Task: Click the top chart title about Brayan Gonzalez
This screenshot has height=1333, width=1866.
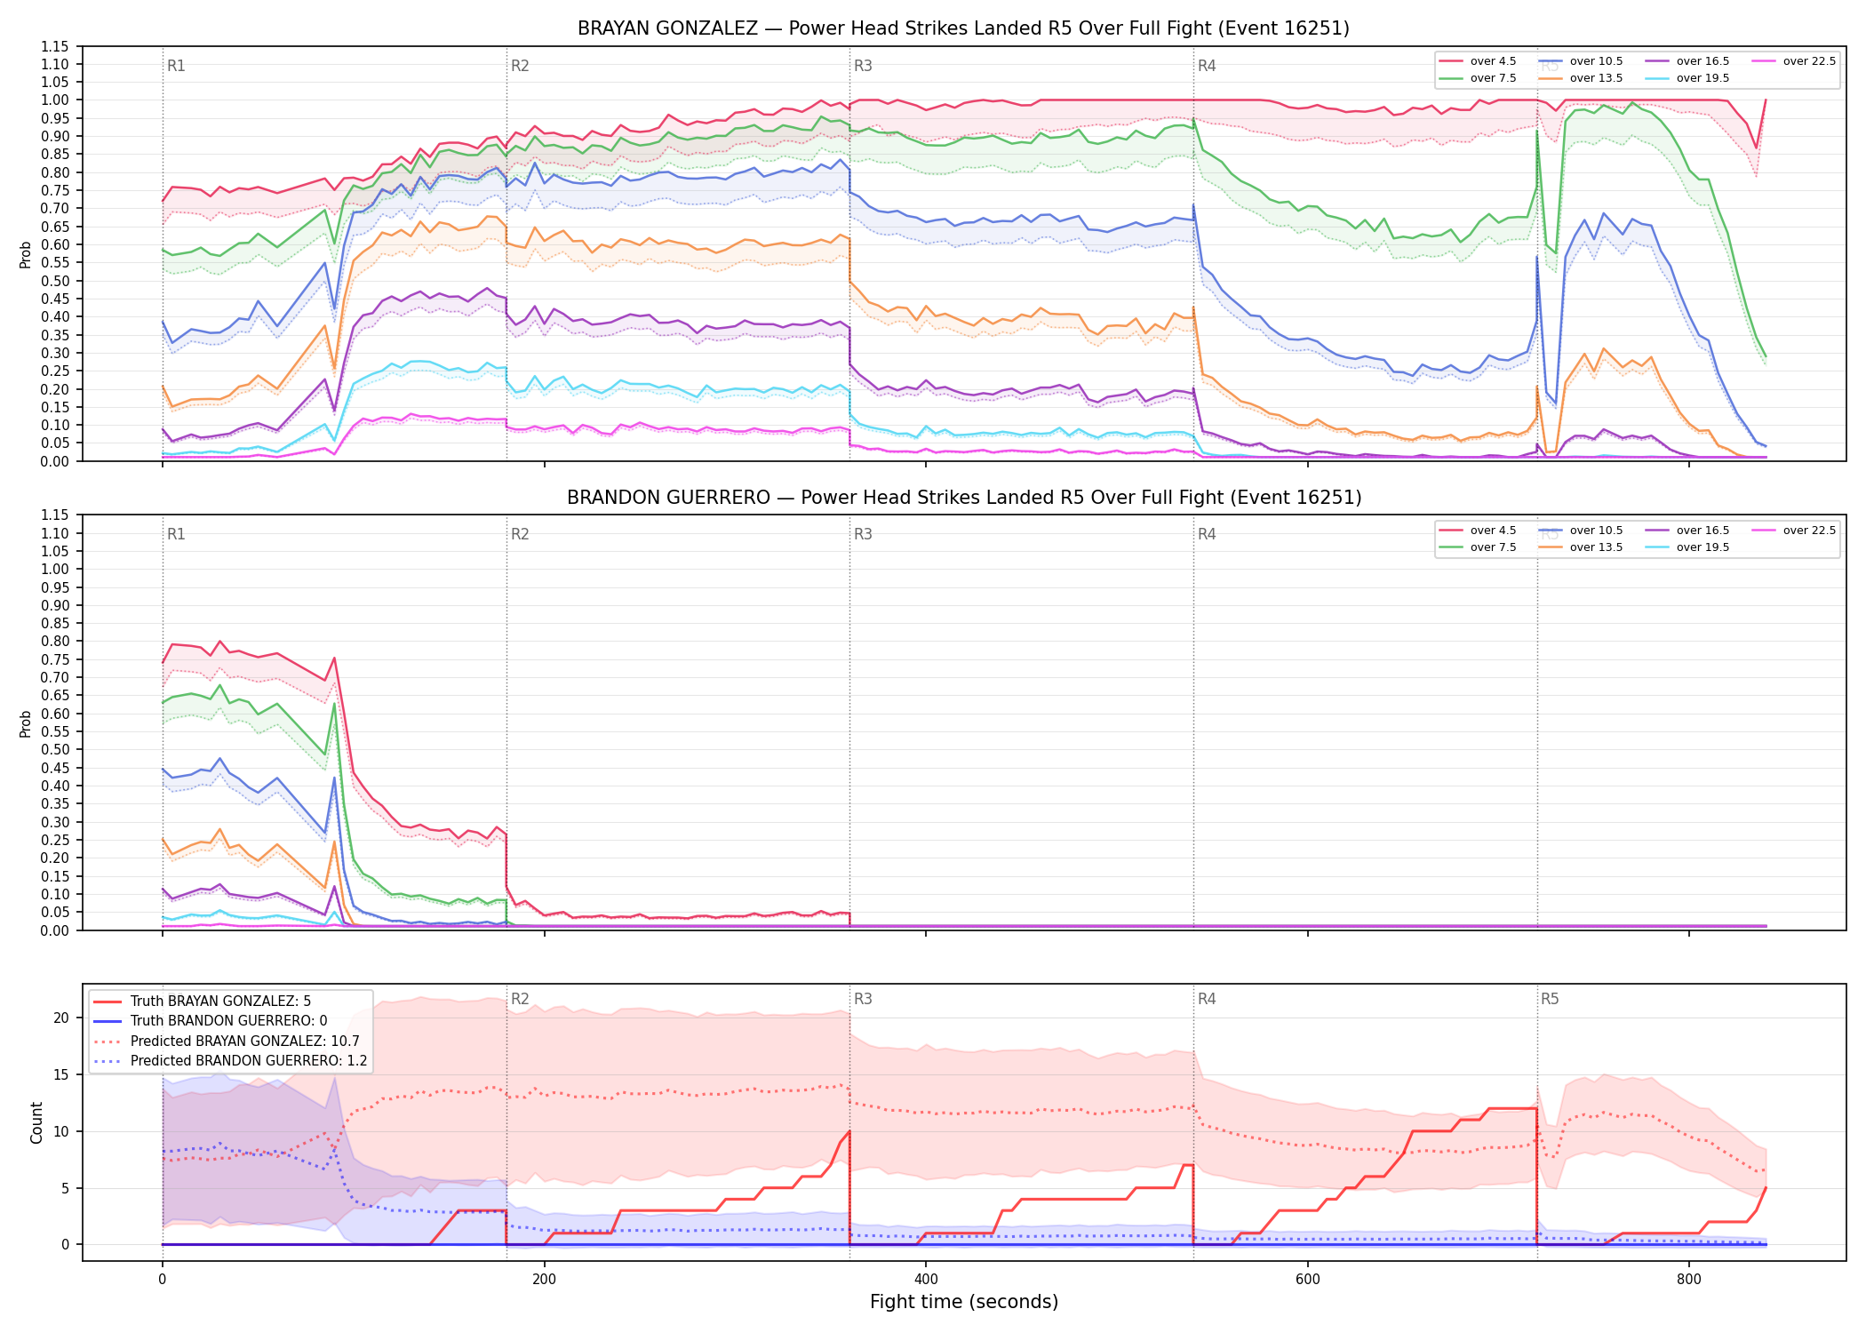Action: point(963,28)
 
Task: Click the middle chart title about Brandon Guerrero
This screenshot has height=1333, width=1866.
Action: point(964,498)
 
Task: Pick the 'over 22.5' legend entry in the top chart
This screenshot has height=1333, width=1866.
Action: point(1793,61)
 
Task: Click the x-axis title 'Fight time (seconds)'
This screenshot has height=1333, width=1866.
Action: point(964,1302)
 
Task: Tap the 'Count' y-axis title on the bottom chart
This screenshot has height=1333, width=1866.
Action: point(36,1122)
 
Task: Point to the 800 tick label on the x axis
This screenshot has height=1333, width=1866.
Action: point(1689,1280)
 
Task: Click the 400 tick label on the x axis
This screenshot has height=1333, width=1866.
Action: point(926,1280)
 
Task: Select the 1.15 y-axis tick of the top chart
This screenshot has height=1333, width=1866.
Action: point(55,46)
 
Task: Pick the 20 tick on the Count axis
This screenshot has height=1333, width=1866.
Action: point(61,1018)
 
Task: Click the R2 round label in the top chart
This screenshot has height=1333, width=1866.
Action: point(520,66)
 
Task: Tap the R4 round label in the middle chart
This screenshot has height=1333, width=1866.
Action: point(1207,534)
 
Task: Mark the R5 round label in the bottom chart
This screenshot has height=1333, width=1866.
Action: point(1550,999)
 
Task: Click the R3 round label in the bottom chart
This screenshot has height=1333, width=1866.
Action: point(863,999)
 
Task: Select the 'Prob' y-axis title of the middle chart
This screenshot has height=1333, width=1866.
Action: point(26,723)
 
